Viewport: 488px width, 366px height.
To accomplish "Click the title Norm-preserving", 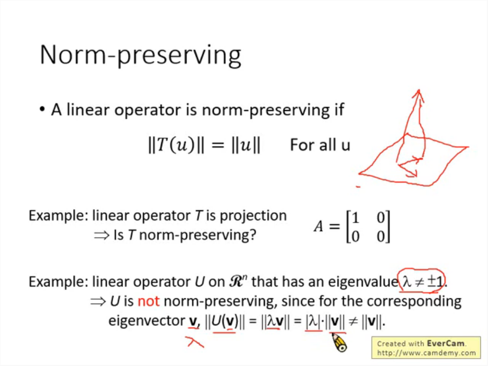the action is pos(140,55).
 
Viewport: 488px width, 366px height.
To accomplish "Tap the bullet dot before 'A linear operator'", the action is pos(42,109).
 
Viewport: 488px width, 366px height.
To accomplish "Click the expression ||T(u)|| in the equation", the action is pos(176,145).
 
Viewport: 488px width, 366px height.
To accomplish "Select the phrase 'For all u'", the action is pos(320,145).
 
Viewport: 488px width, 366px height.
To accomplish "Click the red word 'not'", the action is pos(149,301).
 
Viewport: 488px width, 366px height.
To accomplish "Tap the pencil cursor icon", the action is pos(339,343).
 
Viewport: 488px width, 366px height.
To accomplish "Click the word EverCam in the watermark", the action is pos(446,343).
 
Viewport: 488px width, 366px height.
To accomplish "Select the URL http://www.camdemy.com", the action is pos(426,353).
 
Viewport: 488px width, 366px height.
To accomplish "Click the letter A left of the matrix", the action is pos(319,226).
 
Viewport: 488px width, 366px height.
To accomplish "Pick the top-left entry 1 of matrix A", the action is pos(355,217).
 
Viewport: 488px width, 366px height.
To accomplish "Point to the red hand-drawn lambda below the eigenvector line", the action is pos(195,341).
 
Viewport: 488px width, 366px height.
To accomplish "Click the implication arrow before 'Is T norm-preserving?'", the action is pos(102,235).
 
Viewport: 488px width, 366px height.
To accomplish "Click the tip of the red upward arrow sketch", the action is pos(419,90).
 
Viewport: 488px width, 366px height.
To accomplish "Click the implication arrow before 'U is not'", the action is pos(98,301).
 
